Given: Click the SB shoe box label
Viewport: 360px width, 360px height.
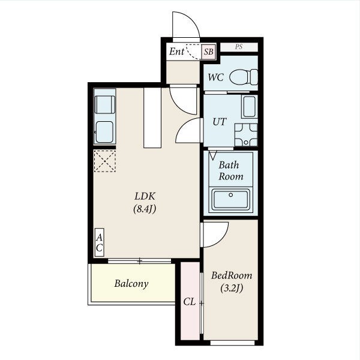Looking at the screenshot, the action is click(209, 52).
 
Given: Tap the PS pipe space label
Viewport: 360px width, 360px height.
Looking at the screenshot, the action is click(239, 47).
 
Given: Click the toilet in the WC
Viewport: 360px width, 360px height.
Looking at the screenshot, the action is click(244, 77).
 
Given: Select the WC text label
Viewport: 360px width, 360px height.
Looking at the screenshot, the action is click(215, 77).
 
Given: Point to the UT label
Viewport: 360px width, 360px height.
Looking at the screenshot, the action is click(220, 122).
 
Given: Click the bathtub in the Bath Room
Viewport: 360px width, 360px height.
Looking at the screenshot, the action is click(231, 200).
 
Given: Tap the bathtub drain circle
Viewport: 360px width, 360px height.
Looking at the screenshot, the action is click(231, 195).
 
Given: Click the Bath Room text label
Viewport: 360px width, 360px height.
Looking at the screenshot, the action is click(230, 171).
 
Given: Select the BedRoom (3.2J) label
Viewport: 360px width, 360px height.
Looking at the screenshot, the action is click(232, 281).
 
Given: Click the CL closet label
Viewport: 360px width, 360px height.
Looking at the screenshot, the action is click(190, 302).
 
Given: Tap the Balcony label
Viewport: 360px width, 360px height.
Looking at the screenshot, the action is click(131, 284).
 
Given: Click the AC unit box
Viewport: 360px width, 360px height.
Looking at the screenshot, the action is click(100, 242).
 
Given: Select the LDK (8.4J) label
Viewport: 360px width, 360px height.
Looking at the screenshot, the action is click(145, 203).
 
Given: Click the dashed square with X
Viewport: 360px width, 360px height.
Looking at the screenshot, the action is click(104, 161).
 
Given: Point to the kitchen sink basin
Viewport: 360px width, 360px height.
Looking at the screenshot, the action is click(104, 132).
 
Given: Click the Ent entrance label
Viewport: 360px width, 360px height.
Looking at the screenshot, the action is click(176, 52).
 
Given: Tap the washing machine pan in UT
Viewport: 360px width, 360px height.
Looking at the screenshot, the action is click(246, 135).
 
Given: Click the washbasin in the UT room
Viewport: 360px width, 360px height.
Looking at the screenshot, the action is click(250, 107).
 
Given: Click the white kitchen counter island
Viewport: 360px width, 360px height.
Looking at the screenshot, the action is click(152, 118).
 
